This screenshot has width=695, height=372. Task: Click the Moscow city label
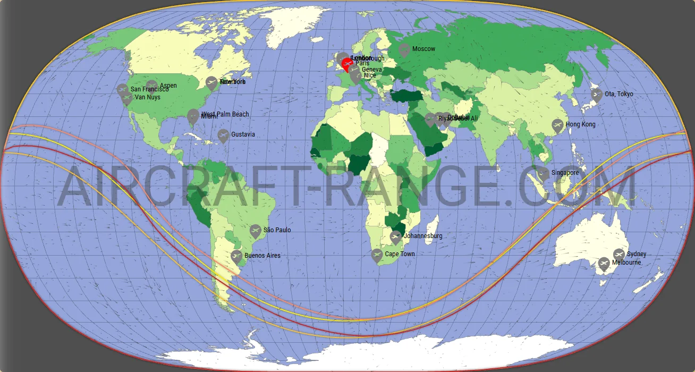coord(423,49)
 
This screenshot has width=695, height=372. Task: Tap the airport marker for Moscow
coord(404,50)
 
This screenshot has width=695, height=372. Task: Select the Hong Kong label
coord(581,124)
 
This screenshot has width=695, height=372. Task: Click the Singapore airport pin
coord(543,173)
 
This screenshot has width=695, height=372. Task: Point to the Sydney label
coord(637,254)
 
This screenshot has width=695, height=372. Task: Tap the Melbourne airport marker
coord(604,263)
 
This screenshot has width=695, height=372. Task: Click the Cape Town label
coord(400,254)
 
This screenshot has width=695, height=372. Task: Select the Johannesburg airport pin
coord(395,237)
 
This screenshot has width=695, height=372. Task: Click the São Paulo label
coord(277,230)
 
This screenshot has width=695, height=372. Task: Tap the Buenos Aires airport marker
coord(237,257)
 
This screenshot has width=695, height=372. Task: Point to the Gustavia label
coord(243,134)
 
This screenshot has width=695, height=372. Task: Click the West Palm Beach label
coord(225,114)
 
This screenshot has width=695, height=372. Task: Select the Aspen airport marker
coord(152,86)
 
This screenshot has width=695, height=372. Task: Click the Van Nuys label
coord(147,97)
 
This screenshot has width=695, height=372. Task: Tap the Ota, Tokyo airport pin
coord(597,95)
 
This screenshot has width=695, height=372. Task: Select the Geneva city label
coord(371,70)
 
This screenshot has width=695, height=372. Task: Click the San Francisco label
coord(149,89)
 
